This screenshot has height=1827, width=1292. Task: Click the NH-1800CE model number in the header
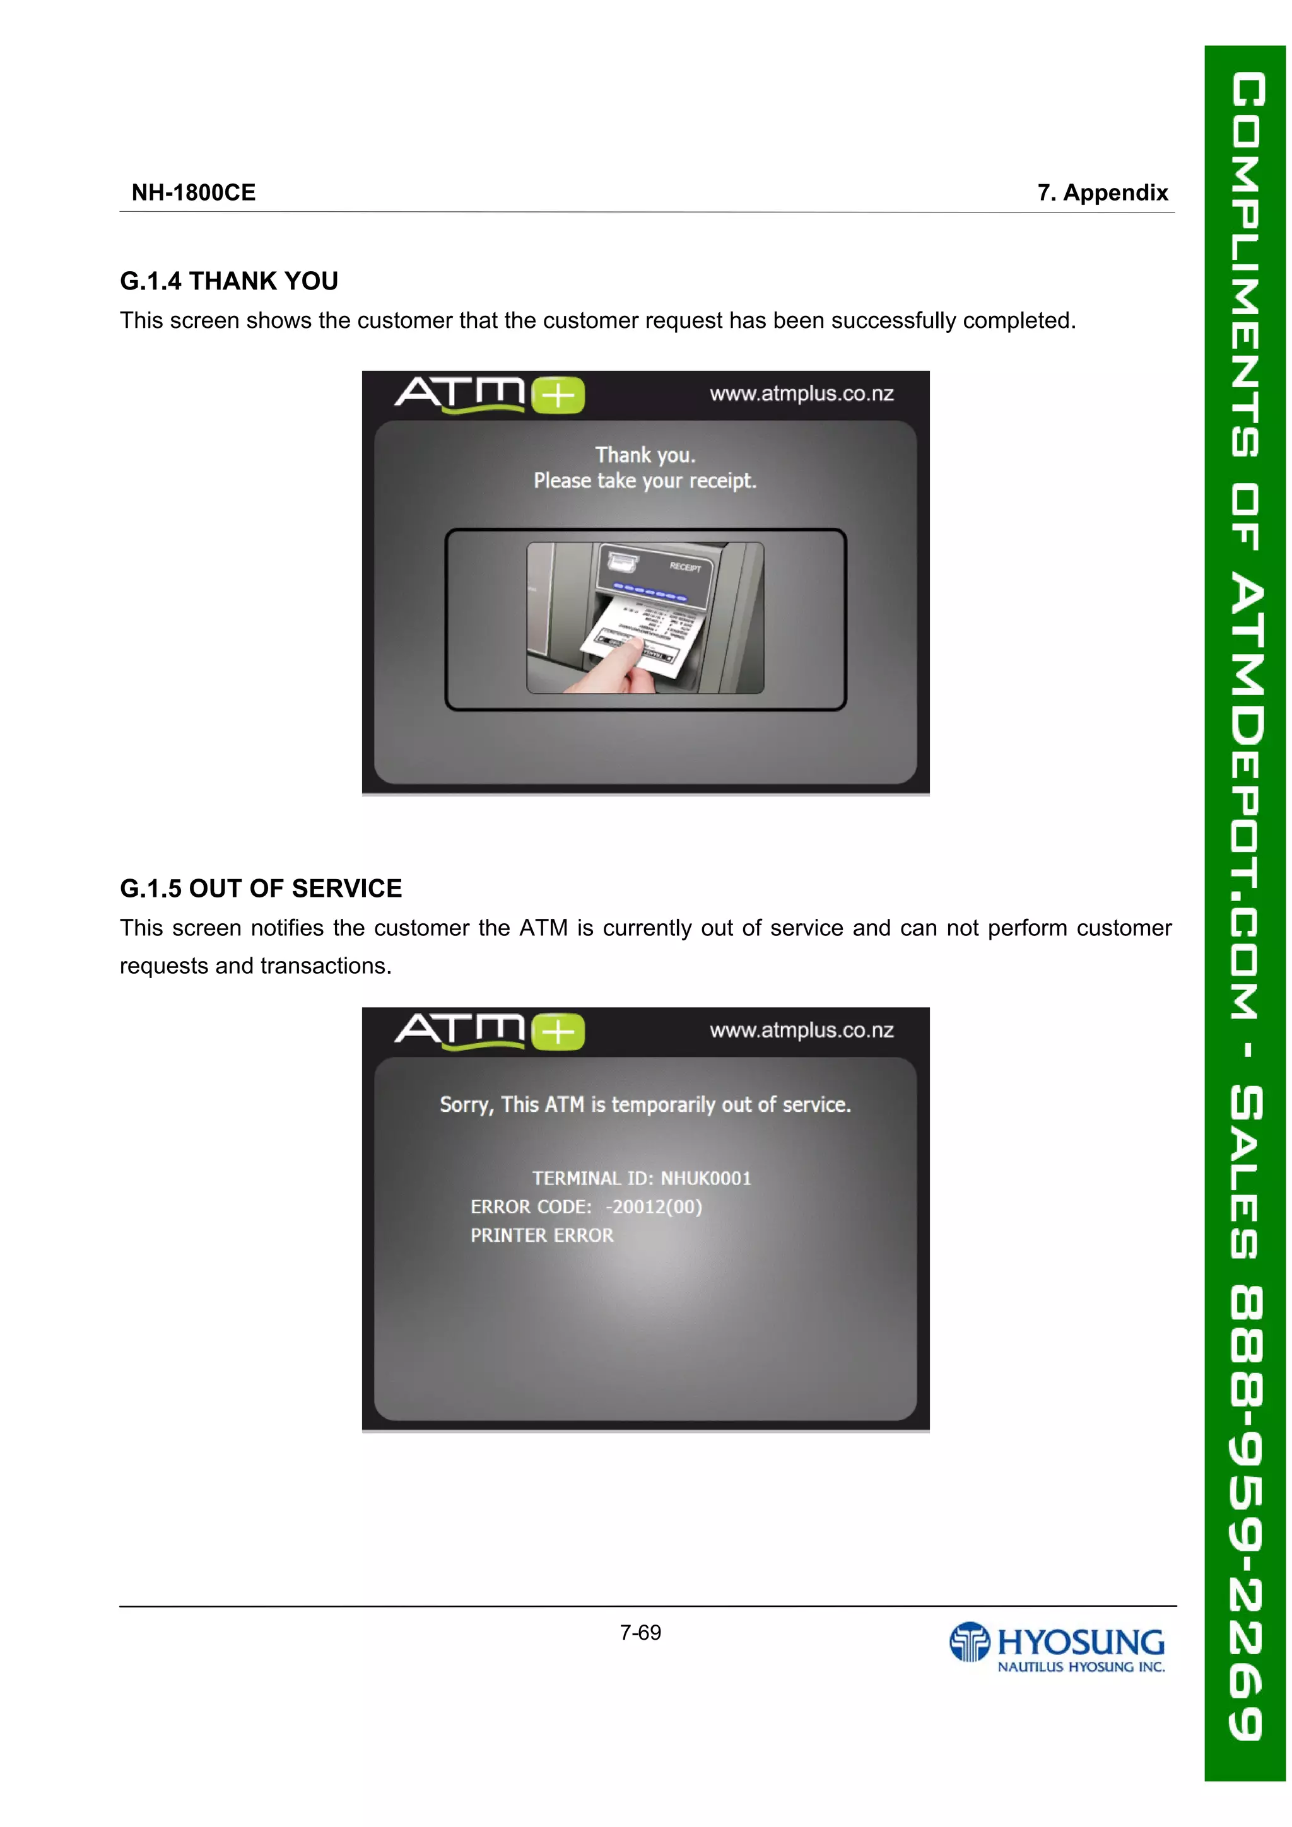194,192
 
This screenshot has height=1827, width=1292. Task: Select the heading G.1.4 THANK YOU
228,281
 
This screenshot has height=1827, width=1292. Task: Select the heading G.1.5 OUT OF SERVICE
261,888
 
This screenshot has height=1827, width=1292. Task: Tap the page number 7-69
640,1633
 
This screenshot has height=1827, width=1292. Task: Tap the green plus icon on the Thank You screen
558,395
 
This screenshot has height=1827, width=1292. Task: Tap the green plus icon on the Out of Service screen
558,1032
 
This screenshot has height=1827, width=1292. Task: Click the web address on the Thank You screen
802,394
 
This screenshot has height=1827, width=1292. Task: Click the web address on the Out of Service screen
802,1030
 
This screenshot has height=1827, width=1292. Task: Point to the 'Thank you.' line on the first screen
645,455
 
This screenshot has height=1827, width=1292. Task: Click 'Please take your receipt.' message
645,481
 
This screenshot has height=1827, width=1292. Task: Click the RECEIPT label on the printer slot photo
684,566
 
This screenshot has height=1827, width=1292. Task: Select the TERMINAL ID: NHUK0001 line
642,1179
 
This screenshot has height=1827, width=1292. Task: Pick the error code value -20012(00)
654,1207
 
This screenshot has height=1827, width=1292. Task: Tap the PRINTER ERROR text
541,1236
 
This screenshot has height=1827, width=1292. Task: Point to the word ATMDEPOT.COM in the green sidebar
1247,796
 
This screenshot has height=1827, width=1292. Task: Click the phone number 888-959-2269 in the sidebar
1247,1512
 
